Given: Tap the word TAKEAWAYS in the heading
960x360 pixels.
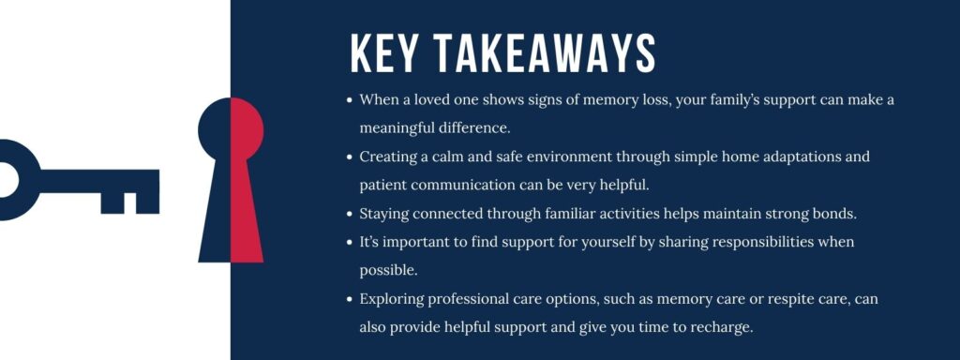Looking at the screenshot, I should [x=545, y=54].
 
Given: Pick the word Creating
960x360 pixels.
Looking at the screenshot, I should [x=388, y=156].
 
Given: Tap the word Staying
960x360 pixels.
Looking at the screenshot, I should [x=385, y=214].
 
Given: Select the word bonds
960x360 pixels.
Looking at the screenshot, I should [x=832, y=214].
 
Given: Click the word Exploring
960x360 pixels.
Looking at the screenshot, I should [x=392, y=299].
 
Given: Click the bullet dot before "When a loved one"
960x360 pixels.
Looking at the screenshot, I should [x=350, y=98].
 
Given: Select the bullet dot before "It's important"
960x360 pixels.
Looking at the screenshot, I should [x=350, y=242].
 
